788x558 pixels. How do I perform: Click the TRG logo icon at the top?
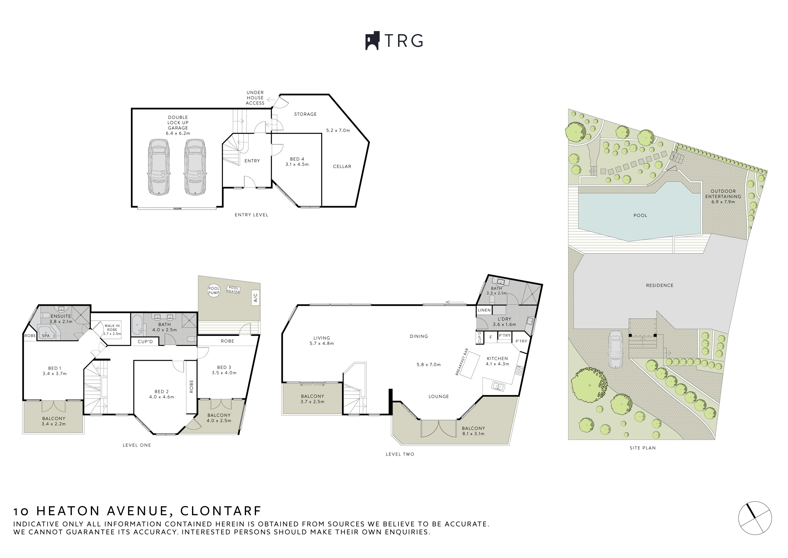point(372,41)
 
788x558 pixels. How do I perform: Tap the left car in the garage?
point(158,167)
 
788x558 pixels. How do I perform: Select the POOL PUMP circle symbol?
point(214,291)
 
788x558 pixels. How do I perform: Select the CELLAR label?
point(342,167)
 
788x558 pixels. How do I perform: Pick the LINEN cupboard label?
point(484,310)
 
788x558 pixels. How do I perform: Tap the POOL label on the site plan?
point(640,215)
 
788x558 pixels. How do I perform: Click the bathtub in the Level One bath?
point(137,324)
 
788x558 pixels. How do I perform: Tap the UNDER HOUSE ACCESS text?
point(255,98)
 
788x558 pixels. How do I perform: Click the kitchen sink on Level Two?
point(498,386)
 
